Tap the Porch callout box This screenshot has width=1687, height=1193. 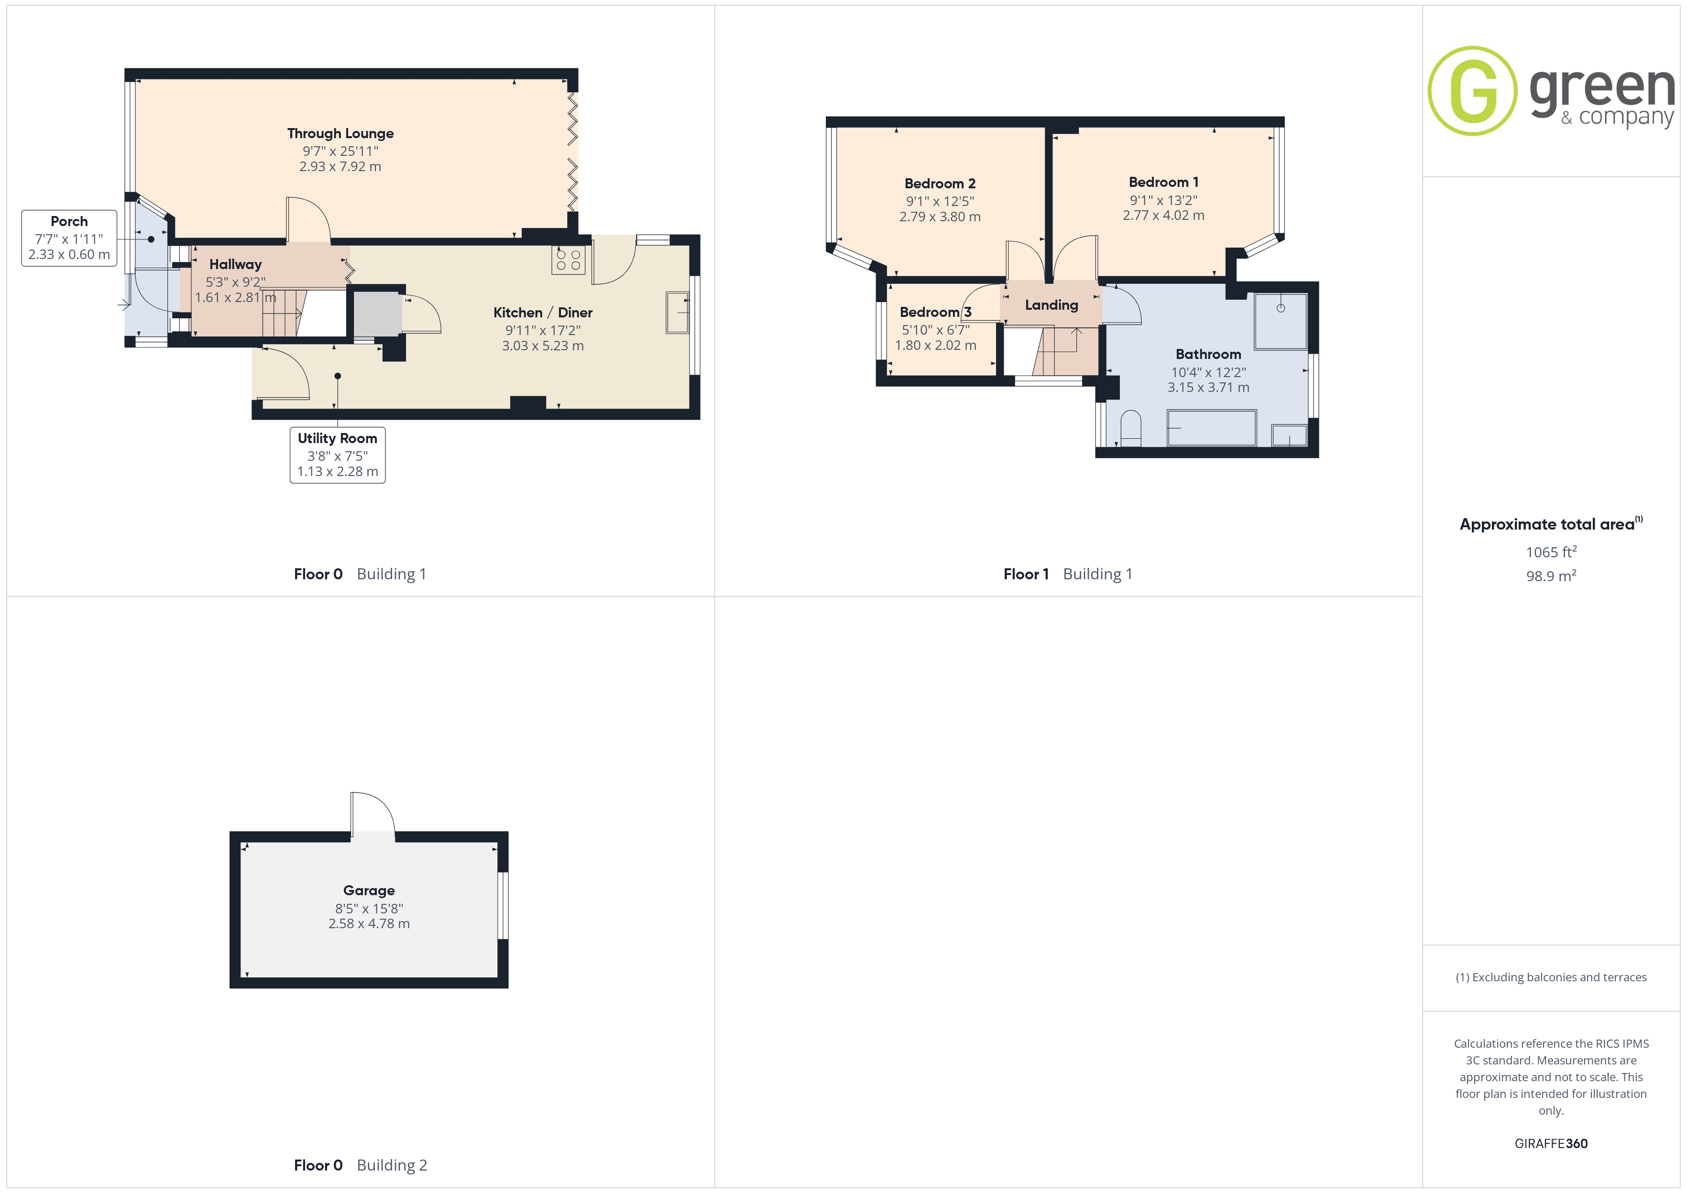69,238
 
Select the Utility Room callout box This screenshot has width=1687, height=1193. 337,455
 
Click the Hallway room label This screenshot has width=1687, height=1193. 235,264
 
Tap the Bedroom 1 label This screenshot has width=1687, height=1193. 1163,182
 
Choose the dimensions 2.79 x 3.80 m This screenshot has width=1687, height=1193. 940,217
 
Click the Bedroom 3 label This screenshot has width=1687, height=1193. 935,312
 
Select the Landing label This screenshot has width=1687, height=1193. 1052,305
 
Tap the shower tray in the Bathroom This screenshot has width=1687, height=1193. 1281,321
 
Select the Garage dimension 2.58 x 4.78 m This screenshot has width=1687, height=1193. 369,923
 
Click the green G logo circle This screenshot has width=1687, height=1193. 1472,91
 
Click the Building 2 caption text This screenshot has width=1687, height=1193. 392,1165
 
